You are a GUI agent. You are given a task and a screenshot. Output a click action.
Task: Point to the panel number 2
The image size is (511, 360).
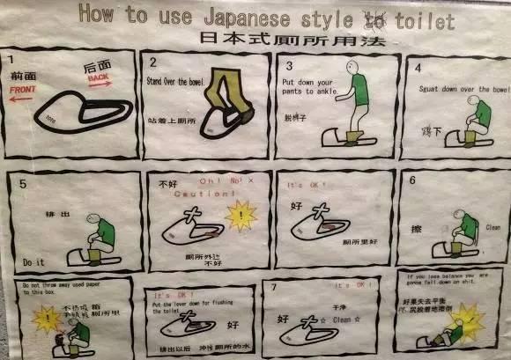click(152, 62)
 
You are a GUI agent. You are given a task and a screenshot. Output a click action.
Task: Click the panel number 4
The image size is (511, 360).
click(417, 67)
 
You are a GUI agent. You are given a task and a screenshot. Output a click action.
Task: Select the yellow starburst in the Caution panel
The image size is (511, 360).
click(240, 214)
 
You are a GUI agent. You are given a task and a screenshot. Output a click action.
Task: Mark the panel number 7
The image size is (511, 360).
click(276, 287)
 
